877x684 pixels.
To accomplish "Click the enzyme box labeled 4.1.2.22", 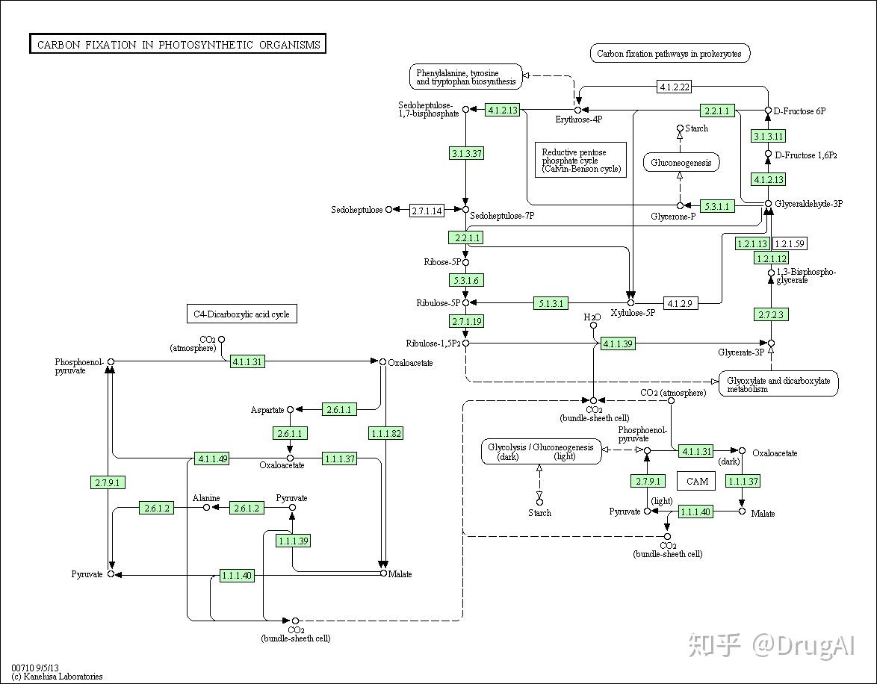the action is [x=675, y=87].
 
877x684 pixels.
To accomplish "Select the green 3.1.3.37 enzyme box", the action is [x=466, y=153].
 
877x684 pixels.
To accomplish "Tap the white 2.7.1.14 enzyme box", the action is [x=427, y=211].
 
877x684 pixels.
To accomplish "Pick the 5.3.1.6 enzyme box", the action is [x=466, y=280].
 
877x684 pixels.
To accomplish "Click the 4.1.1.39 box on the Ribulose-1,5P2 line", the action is [x=618, y=343].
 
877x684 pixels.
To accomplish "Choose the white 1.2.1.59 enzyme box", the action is [x=790, y=244].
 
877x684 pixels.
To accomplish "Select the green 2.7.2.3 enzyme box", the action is [x=771, y=314].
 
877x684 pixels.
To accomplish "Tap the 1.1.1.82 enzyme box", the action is [x=386, y=433].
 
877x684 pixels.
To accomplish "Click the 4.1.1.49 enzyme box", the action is [x=213, y=458].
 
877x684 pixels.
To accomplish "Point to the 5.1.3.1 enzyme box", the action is [x=551, y=303].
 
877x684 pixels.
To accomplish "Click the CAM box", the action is [x=697, y=481].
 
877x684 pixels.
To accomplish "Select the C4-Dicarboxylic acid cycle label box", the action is [x=241, y=314].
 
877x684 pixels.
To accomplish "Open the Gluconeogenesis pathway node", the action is [x=681, y=163].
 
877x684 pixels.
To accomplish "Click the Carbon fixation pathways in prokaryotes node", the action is [x=669, y=54].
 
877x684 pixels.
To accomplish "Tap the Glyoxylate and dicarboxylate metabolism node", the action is [x=778, y=385].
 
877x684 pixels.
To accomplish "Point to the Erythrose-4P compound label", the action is [x=579, y=119].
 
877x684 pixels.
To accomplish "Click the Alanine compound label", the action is [x=206, y=498].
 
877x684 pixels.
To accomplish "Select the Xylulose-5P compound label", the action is [x=633, y=313].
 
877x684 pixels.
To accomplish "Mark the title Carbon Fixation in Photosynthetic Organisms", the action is [x=178, y=44].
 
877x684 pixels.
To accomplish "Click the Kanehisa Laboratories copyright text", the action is [x=57, y=677].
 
